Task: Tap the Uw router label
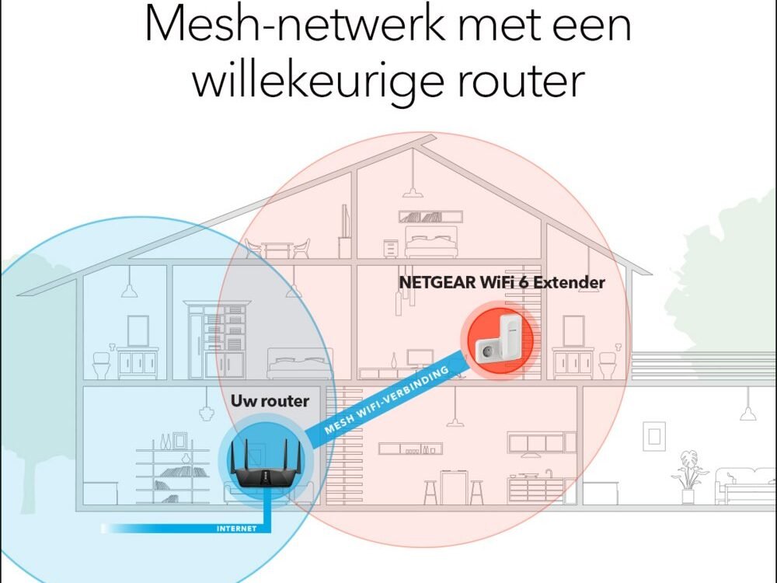point(270,401)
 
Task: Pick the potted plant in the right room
point(688,474)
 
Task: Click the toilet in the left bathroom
point(102,363)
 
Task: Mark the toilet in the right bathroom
point(608,363)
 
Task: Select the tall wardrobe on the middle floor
point(218,339)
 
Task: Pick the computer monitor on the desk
point(420,360)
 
